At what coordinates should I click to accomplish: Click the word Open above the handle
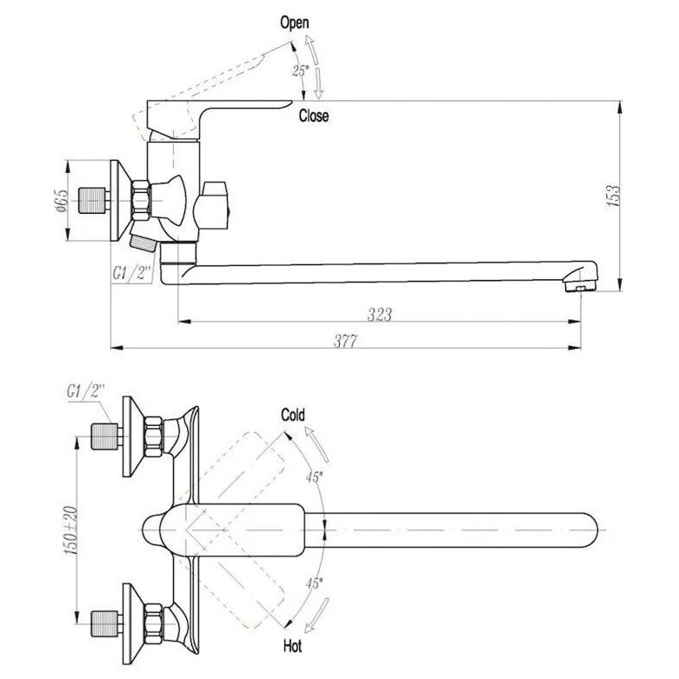pos(295,23)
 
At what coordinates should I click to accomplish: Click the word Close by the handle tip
pos(314,116)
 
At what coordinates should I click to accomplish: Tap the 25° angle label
pos(301,70)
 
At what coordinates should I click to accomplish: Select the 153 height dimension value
pos(614,196)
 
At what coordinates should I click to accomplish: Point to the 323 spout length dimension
pos(379,315)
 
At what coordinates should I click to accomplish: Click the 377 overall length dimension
pos(345,342)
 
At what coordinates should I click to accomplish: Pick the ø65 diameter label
pos(61,201)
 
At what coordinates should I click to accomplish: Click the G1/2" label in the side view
pos(131,273)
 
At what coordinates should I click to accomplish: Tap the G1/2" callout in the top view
pos(86,391)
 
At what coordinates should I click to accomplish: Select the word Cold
pos(293,415)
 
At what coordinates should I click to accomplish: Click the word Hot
pos(292,647)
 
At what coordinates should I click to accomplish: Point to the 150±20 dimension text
pos(71,530)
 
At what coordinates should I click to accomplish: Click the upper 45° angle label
pos(315,477)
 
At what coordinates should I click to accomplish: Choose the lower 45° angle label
pos(315,583)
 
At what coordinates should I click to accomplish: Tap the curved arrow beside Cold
pos(316,444)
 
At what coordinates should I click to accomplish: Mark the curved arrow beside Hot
pos(316,616)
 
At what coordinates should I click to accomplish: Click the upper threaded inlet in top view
pos(105,437)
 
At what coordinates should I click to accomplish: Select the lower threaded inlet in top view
pos(105,624)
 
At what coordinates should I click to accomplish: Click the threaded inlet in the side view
pos(92,201)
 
